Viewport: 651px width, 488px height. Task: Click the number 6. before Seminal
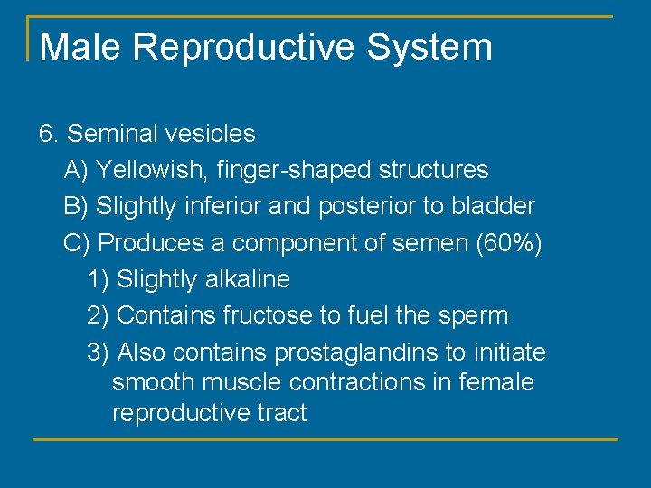click(49, 134)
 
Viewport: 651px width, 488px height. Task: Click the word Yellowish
click(137, 170)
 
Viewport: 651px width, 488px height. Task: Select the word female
click(496, 382)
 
